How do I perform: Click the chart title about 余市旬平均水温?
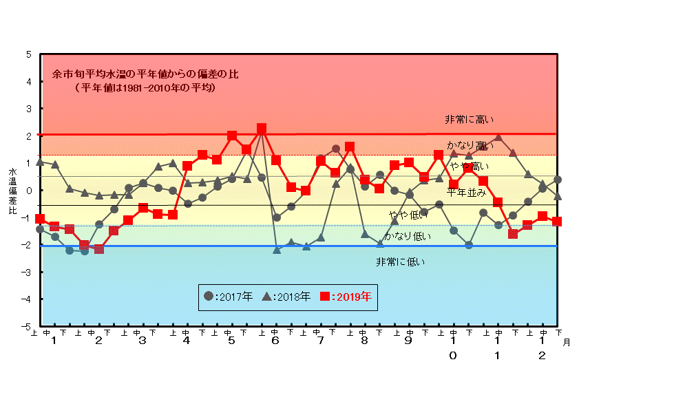tap(145, 74)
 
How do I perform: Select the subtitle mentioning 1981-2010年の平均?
tap(146, 88)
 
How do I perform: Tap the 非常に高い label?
tap(469, 120)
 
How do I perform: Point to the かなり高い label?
tap(470, 146)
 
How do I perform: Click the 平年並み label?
tap(466, 192)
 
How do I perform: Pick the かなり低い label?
tap(408, 236)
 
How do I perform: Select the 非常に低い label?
tap(400, 261)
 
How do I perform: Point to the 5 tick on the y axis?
tap(28, 54)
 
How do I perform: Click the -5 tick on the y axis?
tap(26, 326)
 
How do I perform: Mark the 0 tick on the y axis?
tap(28, 190)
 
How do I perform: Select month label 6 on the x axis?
tap(275, 341)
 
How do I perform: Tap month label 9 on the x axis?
tap(409, 341)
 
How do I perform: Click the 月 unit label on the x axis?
tap(566, 341)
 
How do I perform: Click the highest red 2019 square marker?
tap(262, 129)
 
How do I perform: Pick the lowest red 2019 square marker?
tap(99, 248)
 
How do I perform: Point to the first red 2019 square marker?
tap(40, 219)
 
